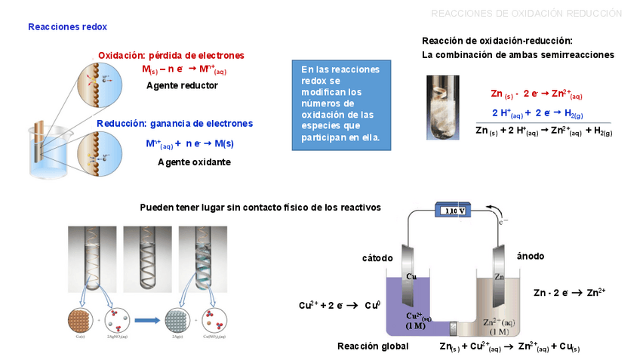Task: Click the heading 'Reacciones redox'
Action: [x=67, y=27]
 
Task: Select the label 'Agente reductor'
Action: [x=182, y=85]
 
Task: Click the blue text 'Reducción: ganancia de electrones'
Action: [x=175, y=124]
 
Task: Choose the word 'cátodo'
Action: [x=377, y=258]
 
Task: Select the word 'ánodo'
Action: [x=531, y=257]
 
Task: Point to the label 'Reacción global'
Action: [x=373, y=346]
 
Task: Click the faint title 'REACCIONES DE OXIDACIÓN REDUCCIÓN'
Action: [x=526, y=14]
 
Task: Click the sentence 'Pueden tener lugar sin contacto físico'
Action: [x=260, y=207]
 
